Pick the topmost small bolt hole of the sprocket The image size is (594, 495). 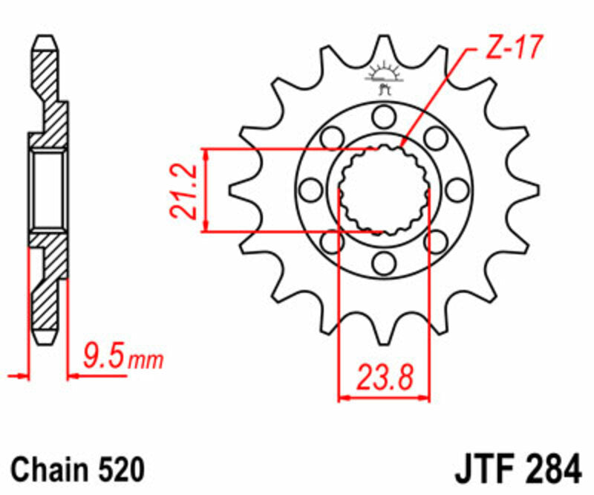coord(384,116)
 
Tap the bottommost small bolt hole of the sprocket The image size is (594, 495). coord(384,262)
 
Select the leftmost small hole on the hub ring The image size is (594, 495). coord(311,189)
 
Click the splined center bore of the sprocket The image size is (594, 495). coord(384,189)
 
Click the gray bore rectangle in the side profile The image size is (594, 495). coord(49,189)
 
